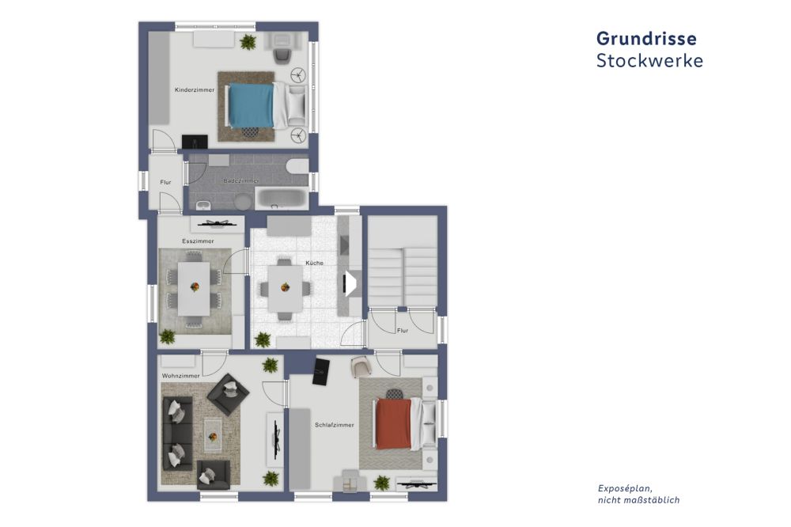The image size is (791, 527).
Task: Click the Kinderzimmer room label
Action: [x=194, y=90]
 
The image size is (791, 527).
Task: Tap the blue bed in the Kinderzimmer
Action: [x=252, y=106]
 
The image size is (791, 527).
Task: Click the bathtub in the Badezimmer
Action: [x=282, y=198]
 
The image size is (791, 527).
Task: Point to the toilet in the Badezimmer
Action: [x=297, y=165]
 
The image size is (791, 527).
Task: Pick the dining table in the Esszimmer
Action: [x=194, y=288]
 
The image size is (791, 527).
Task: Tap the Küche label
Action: [x=314, y=263]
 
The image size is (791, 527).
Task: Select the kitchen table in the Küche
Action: [x=285, y=288]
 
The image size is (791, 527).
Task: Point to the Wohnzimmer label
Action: [x=180, y=375]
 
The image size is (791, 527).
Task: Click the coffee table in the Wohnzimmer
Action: [x=213, y=431]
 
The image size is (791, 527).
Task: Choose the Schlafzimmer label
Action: [x=334, y=425]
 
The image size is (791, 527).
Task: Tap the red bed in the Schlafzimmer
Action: [x=394, y=424]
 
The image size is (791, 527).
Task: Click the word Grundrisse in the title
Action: [x=646, y=38]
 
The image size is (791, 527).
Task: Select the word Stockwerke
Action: [x=649, y=61]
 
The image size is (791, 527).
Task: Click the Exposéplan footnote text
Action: [x=638, y=495]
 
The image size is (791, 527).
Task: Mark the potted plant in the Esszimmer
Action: [x=167, y=337]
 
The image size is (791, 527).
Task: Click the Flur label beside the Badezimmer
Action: [x=165, y=183]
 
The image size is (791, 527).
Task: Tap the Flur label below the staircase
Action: [x=402, y=330]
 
